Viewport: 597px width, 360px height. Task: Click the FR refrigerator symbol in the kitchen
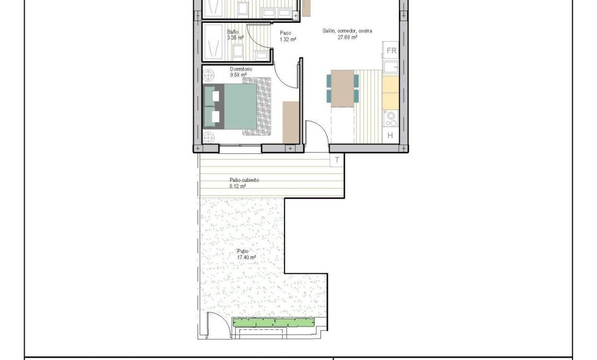point(391,51)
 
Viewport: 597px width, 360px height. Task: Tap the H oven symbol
point(390,135)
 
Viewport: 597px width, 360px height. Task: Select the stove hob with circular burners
point(391,118)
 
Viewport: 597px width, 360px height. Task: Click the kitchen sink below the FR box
point(391,67)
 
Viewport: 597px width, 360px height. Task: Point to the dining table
point(342,88)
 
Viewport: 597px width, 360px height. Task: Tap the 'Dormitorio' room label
point(241,70)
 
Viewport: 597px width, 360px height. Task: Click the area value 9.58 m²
point(238,75)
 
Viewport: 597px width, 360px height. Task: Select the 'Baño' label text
point(232,32)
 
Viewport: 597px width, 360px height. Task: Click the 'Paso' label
point(285,33)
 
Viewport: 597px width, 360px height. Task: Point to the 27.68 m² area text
point(347,37)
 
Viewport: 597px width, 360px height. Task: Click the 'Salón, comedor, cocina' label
point(347,31)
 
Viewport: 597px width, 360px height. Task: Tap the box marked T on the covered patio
point(337,159)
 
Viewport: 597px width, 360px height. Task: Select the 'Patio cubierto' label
point(244,181)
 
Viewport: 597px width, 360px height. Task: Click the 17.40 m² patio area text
point(246,258)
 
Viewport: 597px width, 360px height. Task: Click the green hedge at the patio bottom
point(274,322)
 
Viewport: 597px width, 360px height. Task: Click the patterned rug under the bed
point(264,106)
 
